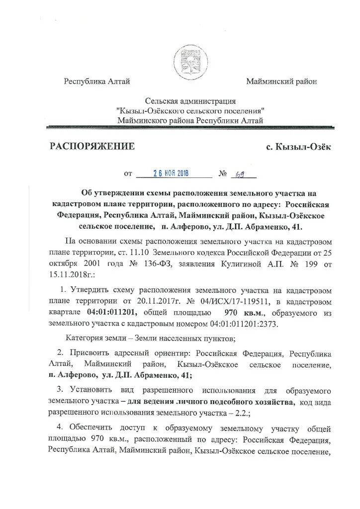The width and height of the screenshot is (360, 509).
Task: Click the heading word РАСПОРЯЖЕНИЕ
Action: [x=92, y=146]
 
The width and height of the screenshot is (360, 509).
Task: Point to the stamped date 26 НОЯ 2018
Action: [x=174, y=173]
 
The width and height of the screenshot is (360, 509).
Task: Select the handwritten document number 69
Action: [x=241, y=173]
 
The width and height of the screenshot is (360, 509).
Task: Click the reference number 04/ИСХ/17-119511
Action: [x=229, y=301]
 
